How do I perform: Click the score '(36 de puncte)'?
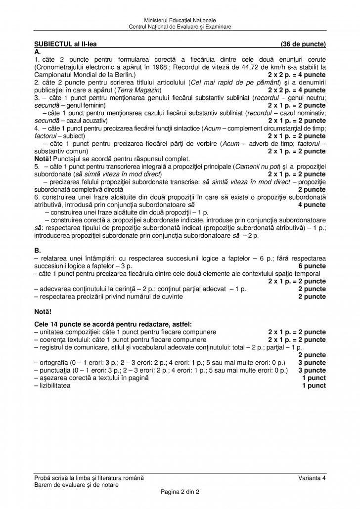[303, 44]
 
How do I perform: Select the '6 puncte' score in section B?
[312, 266]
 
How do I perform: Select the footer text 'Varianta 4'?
[312, 477]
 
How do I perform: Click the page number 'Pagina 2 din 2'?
[180, 493]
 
